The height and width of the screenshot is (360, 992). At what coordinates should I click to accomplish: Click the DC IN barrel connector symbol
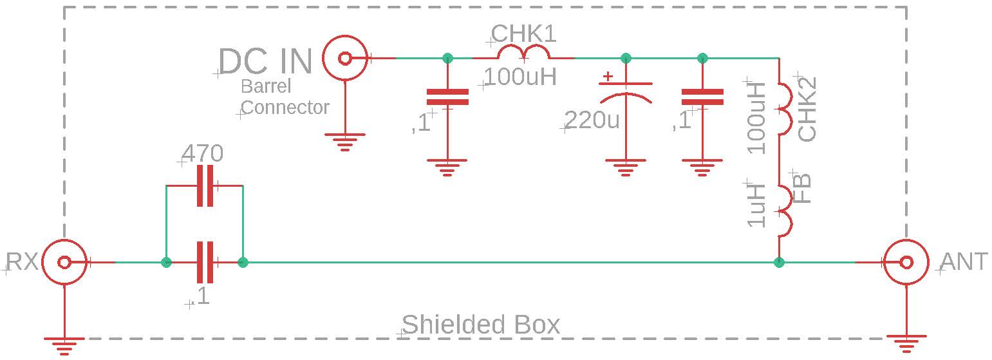point(345,59)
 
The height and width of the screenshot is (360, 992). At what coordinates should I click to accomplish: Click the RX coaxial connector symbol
point(64,262)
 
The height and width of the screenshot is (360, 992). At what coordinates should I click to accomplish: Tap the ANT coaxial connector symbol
point(906,262)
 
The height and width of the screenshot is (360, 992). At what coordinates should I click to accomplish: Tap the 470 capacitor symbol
point(205,186)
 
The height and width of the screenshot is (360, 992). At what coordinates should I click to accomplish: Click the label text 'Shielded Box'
point(480,325)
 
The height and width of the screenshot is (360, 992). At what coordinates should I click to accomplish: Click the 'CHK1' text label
point(523,33)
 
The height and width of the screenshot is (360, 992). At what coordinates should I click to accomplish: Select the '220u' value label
point(592,120)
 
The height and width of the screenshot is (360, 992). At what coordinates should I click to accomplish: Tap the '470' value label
point(203,154)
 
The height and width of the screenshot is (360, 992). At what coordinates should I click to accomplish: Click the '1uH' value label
point(757,205)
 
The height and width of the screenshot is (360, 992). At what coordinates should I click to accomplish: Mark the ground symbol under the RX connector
point(64,345)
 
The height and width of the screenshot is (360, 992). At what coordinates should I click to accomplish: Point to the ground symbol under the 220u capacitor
point(624,167)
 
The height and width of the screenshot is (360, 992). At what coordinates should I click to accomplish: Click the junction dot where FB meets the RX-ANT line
point(779,262)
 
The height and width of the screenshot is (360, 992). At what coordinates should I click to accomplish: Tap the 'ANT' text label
point(964,262)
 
